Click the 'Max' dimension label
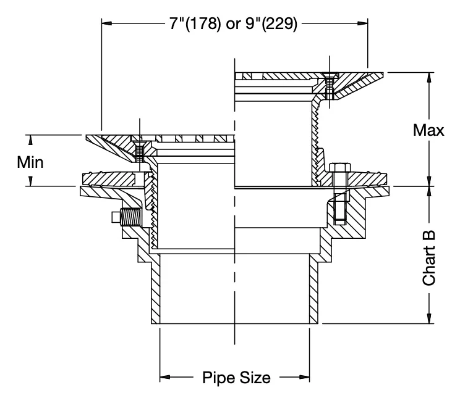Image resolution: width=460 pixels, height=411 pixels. point(428,130)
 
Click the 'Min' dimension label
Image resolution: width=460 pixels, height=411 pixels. point(30,162)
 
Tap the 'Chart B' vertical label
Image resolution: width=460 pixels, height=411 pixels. point(429,258)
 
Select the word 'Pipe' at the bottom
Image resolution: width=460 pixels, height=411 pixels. point(219,378)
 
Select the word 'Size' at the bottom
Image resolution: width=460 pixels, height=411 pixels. point(255,377)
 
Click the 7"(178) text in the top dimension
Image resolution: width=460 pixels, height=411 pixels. point(195,23)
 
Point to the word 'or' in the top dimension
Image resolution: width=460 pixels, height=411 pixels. point(233,25)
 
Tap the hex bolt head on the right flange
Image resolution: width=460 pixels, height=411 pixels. point(339,168)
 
